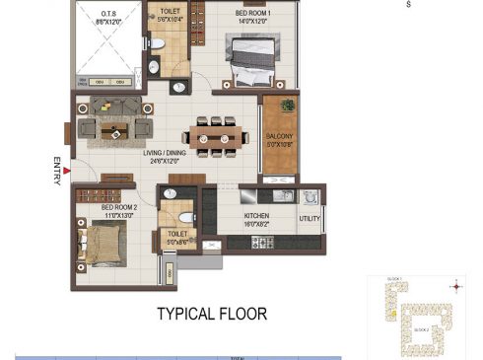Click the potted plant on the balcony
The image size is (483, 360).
(287, 105)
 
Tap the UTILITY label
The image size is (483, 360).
(310, 218)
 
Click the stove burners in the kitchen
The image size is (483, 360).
(263, 242)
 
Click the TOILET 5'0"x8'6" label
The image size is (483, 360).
(177, 238)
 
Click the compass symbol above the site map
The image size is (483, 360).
(454, 288)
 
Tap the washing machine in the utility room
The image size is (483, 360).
(310, 196)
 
